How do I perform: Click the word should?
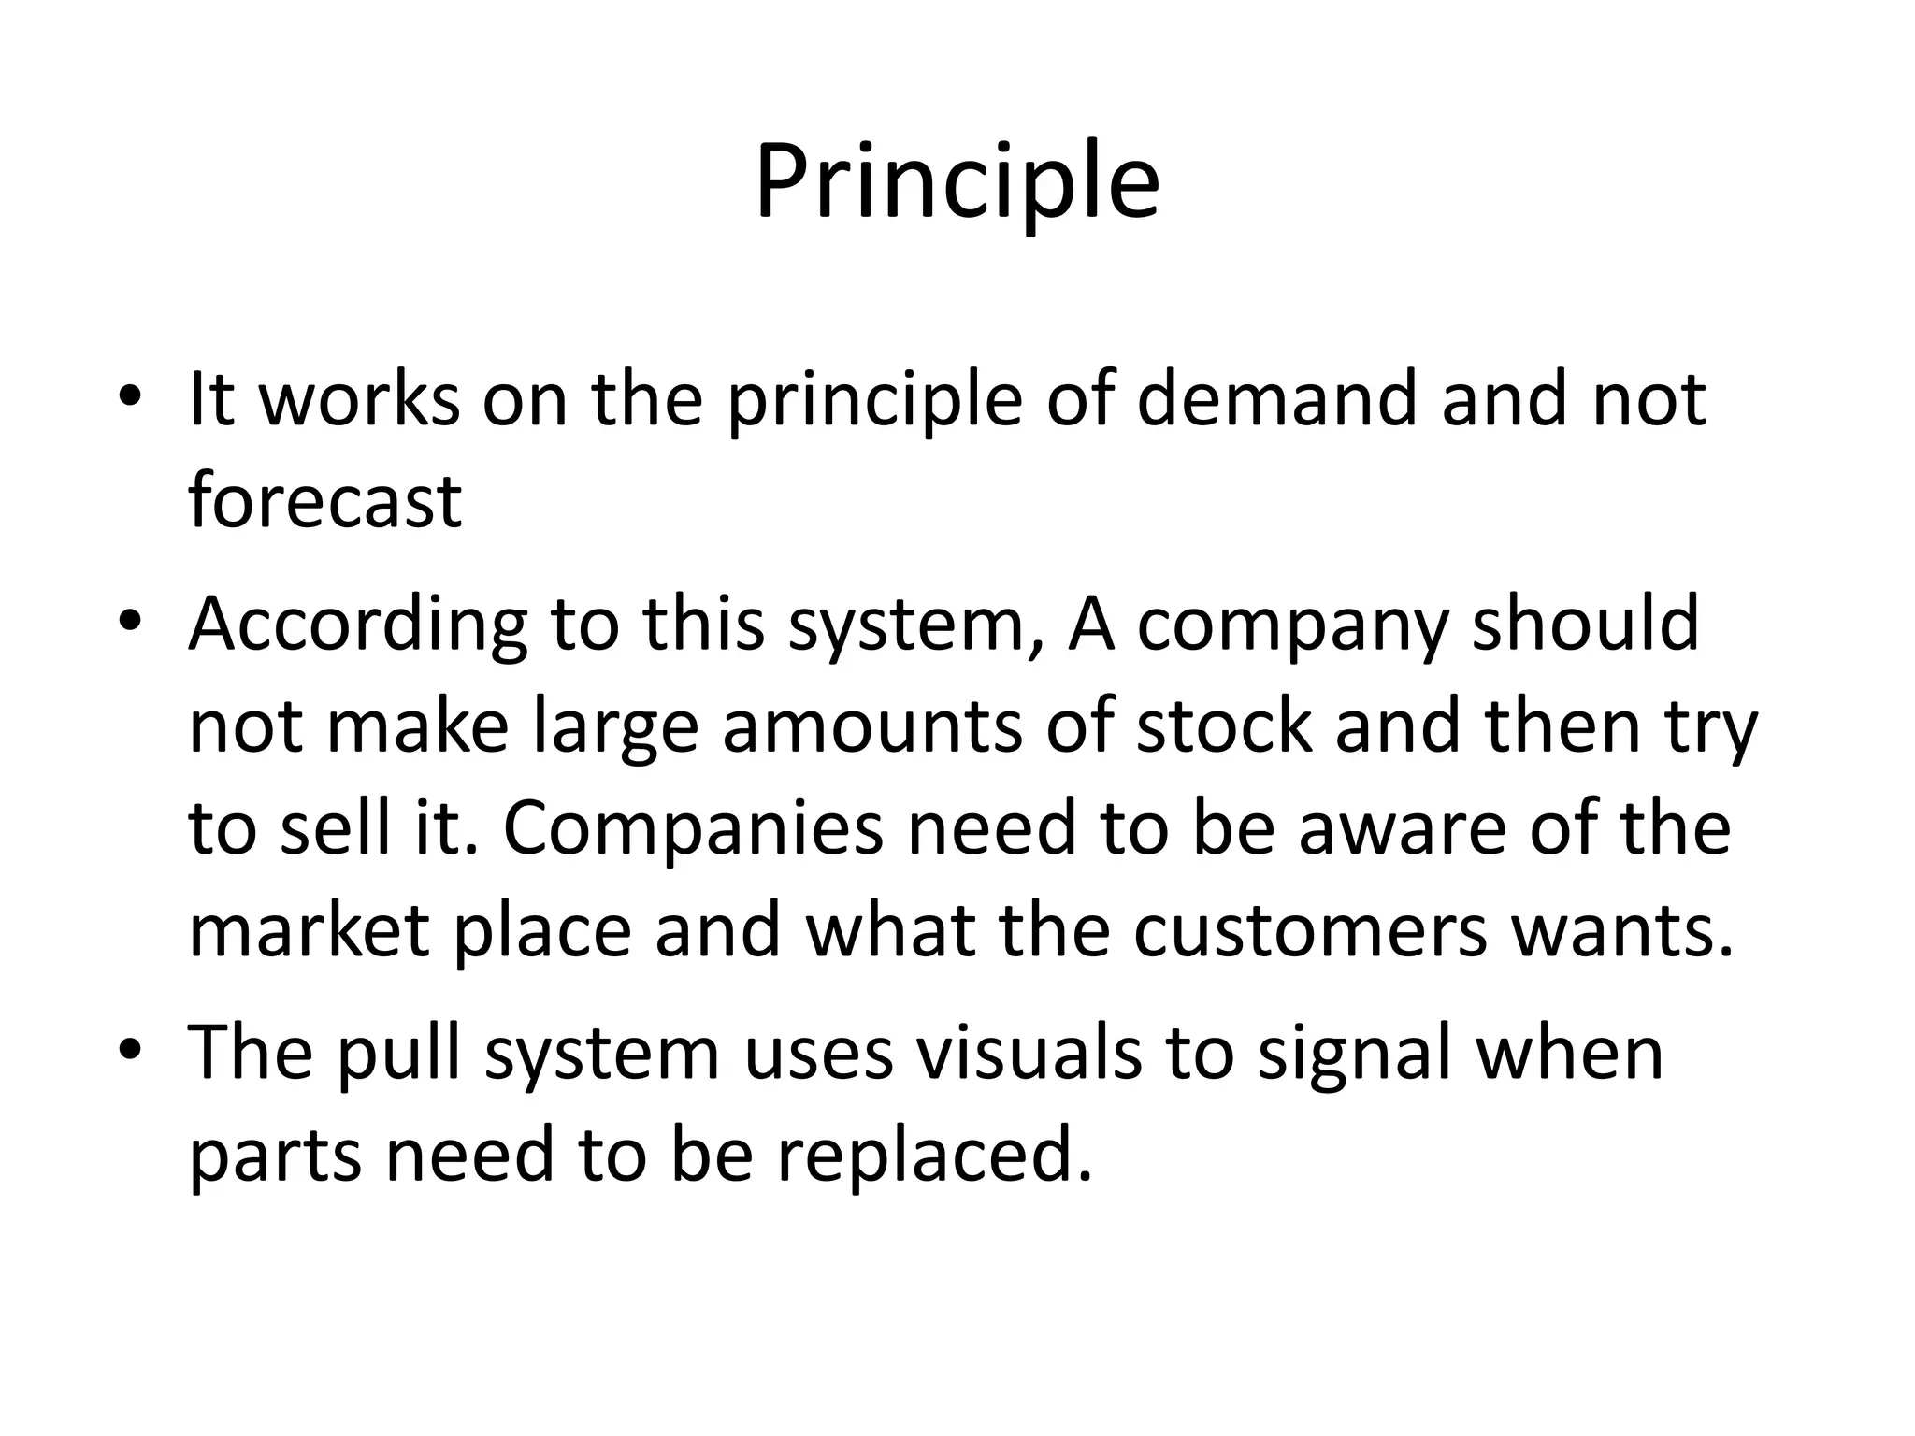[x=1586, y=623]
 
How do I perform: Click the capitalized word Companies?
[x=693, y=829]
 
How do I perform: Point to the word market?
[x=310, y=931]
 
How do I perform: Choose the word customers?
[x=1310, y=931]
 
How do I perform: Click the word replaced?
[x=934, y=1156]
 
